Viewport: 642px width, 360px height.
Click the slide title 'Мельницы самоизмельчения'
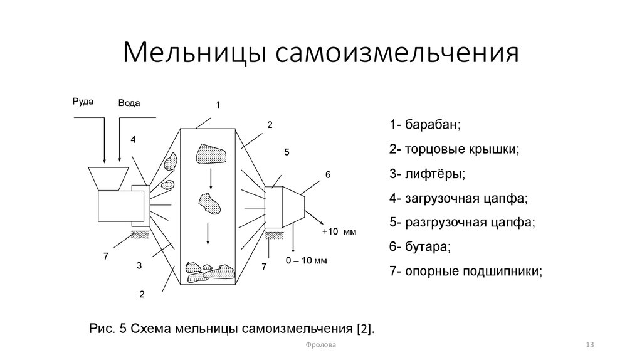320,53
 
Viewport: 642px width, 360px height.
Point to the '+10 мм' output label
339,232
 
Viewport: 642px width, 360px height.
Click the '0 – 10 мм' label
307,260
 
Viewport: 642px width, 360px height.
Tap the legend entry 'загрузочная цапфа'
458,198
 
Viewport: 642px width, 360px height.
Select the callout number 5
287,152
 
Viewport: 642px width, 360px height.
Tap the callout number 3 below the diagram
139,267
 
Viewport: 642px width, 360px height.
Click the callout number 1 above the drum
218,105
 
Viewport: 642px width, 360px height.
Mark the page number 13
589,346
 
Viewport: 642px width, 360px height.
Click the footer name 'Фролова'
320,346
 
